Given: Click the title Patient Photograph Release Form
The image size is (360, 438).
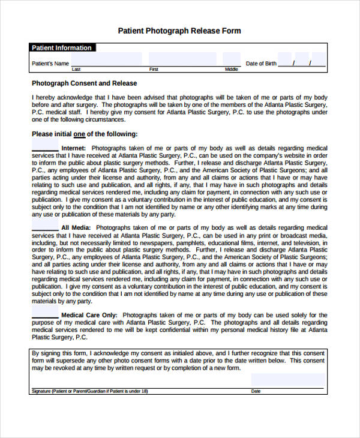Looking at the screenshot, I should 179,31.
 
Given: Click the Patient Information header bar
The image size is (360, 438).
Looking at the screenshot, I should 62,48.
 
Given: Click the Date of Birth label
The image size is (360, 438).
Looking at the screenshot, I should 262,64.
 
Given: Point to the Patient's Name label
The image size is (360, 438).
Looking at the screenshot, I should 50,64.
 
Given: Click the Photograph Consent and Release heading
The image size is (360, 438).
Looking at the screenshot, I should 84,83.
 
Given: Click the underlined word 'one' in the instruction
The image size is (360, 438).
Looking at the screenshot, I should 79,134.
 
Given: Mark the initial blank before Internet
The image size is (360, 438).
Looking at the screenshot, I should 45,148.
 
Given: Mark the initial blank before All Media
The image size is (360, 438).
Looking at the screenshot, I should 45,228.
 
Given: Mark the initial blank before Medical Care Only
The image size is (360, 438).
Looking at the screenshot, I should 45,315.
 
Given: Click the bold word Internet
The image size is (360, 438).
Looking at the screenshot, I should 74,148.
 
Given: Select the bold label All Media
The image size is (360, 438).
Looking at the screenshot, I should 76,228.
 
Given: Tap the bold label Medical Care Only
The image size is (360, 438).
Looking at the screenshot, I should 89,315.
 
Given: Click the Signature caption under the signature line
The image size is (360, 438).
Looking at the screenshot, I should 89,391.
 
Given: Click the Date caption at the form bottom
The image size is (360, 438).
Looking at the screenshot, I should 256,391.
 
